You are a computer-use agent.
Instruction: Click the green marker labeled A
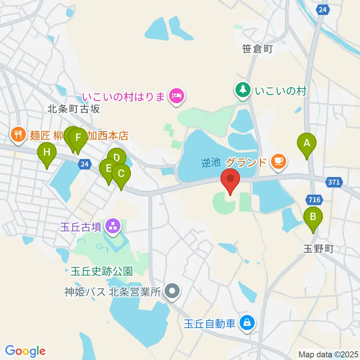[x=307, y=143]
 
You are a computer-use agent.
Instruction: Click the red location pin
[x=230, y=178]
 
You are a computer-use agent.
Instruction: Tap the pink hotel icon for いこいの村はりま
[x=175, y=96]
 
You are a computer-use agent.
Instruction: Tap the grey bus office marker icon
[x=172, y=291]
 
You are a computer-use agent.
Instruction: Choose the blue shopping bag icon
[x=248, y=322]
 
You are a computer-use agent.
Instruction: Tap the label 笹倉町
[x=257, y=49]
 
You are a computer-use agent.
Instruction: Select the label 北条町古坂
[x=74, y=109]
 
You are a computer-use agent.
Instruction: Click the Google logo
[x=25, y=351]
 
